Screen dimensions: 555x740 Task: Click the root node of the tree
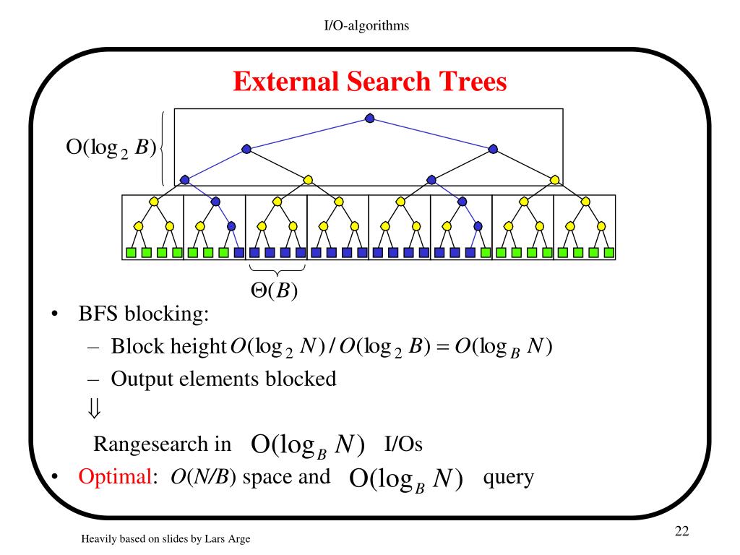tap(370, 118)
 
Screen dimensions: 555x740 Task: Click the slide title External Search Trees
tap(369, 82)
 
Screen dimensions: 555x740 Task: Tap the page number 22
tap(681, 532)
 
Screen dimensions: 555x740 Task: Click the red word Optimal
tap(113, 477)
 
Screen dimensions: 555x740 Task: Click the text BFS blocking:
tap(143, 317)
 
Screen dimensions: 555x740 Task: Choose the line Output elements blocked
tap(223, 378)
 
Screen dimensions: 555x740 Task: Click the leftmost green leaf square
tap(132, 253)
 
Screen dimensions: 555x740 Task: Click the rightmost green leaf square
tap(608, 253)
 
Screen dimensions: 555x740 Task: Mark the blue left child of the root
tap(246, 148)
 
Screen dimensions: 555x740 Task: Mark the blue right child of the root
tap(494, 148)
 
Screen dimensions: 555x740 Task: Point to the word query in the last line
tap(508, 477)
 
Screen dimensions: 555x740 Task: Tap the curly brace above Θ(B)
tap(275, 270)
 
